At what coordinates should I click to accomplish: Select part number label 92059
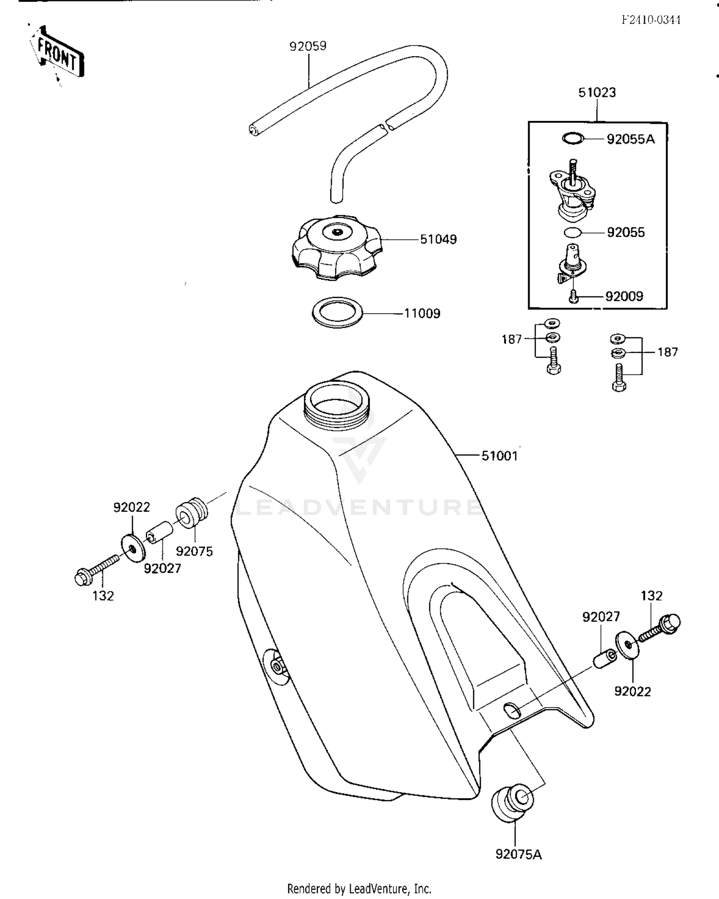(x=308, y=46)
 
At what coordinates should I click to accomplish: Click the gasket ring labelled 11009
(x=337, y=313)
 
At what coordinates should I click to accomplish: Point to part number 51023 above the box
(x=597, y=93)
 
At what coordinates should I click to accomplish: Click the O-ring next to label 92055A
(x=573, y=139)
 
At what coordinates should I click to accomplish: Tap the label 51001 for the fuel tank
(x=499, y=456)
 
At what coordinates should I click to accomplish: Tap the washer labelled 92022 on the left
(x=132, y=547)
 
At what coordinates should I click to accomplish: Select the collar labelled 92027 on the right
(x=605, y=657)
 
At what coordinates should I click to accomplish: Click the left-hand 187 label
(x=511, y=340)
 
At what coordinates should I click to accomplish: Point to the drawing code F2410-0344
(x=651, y=20)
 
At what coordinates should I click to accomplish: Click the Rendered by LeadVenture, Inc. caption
(x=359, y=888)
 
